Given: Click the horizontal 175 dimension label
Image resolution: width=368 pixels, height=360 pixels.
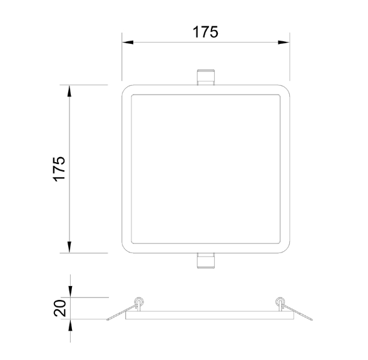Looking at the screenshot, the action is (x=205, y=32).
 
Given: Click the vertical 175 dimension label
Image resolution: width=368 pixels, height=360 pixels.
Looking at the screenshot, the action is (x=59, y=168).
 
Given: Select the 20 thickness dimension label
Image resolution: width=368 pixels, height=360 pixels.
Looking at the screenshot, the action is (x=60, y=308).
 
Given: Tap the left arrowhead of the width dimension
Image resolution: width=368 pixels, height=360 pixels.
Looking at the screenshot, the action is (x=128, y=43).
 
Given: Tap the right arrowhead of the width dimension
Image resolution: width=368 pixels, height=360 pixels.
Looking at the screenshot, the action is (x=284, y=43).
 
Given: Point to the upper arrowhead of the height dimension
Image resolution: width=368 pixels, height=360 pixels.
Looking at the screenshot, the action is (x=69, y=91).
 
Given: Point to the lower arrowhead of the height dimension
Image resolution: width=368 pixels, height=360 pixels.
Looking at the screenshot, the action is (x=69, y=247).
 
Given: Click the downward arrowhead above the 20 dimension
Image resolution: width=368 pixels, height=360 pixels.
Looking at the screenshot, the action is (x=70, y=292).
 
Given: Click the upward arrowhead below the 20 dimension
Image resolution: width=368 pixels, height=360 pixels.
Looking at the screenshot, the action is (x=70, y=325).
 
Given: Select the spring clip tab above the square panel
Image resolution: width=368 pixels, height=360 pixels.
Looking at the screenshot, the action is (x=205, y=77).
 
